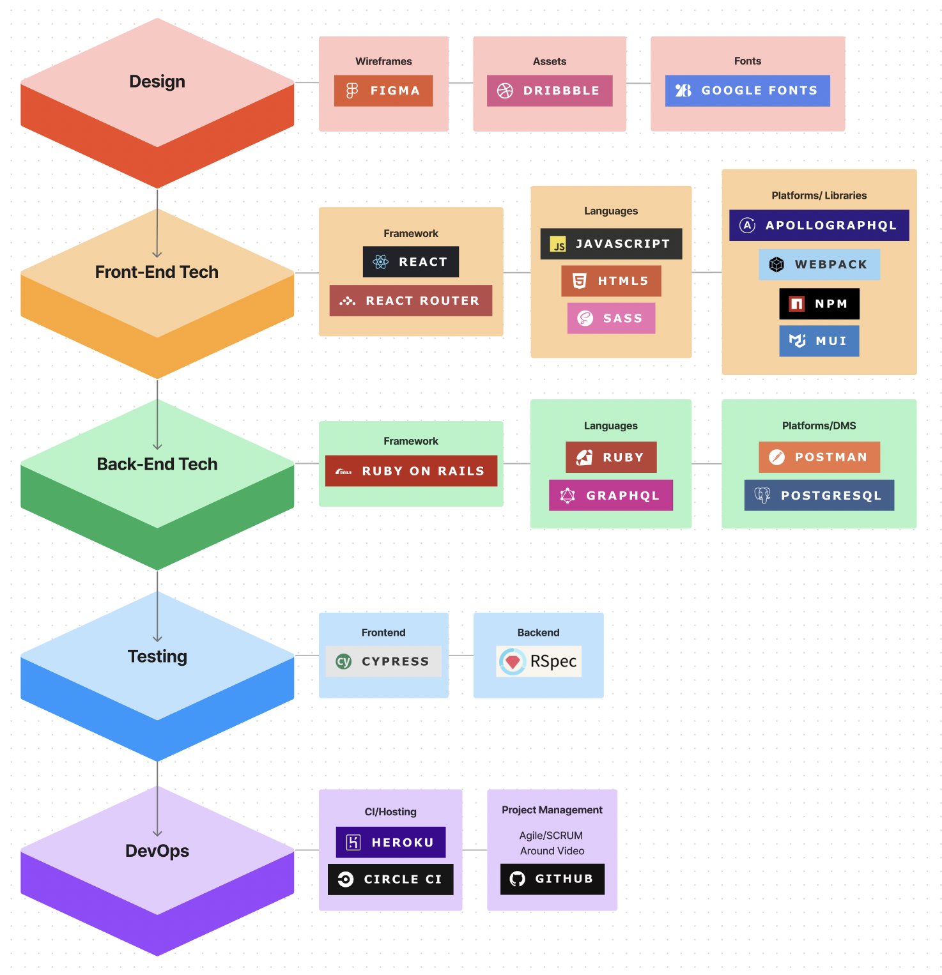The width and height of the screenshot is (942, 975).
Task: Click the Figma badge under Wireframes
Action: coord(383,91)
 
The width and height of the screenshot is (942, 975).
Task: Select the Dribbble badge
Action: coord(550,91)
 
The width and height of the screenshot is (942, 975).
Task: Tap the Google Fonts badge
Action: coord(747,91)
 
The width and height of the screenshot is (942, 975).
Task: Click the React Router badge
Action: coord(411,300)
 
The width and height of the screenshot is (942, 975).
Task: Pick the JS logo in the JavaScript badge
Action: coord(559,244)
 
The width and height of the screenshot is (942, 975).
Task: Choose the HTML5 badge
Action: coord(611,281)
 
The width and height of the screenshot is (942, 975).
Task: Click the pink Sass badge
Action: coord(611,318)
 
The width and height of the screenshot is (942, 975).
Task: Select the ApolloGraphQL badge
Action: coord(819,226)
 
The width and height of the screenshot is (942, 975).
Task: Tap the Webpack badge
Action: coord(819,265)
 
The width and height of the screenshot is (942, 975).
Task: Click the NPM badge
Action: coord(819,303)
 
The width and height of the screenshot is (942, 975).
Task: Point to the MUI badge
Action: coord(819,341)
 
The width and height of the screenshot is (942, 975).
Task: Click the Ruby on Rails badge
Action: coord(411,471)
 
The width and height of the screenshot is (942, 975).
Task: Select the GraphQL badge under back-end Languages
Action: coord(611,495)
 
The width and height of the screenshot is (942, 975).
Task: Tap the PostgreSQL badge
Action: coord(819,495)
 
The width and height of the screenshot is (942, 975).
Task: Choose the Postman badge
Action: coord(819,457)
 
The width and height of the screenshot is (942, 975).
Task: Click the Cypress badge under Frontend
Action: coord(383,661)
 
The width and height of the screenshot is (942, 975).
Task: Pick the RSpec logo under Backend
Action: coord(513,662)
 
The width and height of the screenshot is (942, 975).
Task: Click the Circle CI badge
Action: coord(390,879)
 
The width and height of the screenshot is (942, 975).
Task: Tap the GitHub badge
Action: coord(552,879)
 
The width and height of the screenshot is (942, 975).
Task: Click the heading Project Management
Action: coord(552,810)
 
